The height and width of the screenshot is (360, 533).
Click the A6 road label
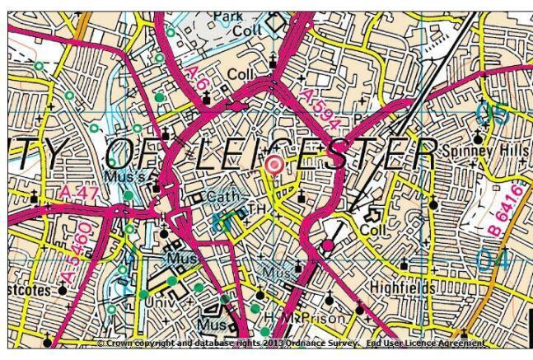[197, 80]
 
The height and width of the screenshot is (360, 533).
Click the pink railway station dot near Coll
[328, 245]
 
